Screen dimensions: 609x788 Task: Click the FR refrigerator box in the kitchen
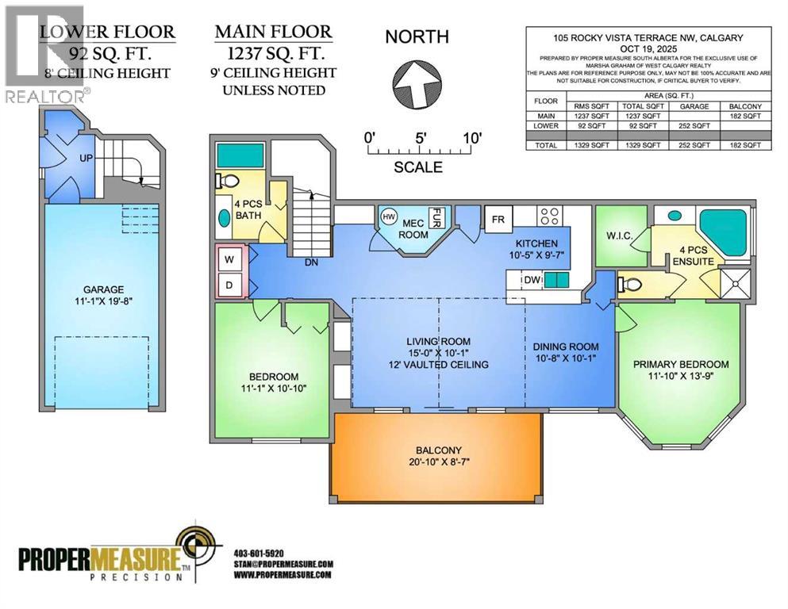point(498,219)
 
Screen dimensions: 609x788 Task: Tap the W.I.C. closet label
point(620,236)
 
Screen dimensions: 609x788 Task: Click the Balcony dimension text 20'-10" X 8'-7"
point(436,464)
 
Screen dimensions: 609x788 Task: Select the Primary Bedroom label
point(680,365)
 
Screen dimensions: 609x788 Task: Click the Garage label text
point(105,289)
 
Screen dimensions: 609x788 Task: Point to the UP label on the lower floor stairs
point(86,159)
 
